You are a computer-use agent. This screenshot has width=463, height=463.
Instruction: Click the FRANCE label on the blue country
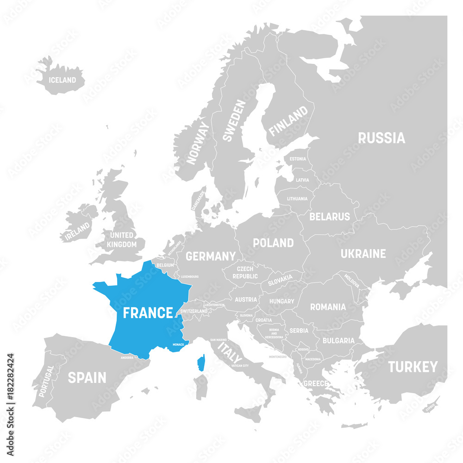148,313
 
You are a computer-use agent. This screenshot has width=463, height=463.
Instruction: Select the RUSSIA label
382,138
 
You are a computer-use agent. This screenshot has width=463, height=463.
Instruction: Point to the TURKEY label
413,367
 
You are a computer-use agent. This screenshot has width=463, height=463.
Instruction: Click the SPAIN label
87,377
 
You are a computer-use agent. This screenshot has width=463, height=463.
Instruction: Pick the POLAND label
273,243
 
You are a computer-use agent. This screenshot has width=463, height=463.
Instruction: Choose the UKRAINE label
363,254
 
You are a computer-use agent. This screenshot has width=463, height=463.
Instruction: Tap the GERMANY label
211,256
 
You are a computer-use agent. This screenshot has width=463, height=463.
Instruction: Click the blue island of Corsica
201,363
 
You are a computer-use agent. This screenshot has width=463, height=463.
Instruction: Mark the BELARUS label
330,216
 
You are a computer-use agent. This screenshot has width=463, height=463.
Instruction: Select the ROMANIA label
328,307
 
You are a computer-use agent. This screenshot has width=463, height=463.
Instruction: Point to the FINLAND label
288,121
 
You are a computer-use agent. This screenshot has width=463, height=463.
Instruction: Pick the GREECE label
315,383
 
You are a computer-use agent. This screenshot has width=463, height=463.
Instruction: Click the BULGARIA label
338,340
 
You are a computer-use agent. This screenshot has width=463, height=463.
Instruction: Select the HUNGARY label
282,301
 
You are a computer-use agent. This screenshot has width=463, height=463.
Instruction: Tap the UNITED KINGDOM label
122,239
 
